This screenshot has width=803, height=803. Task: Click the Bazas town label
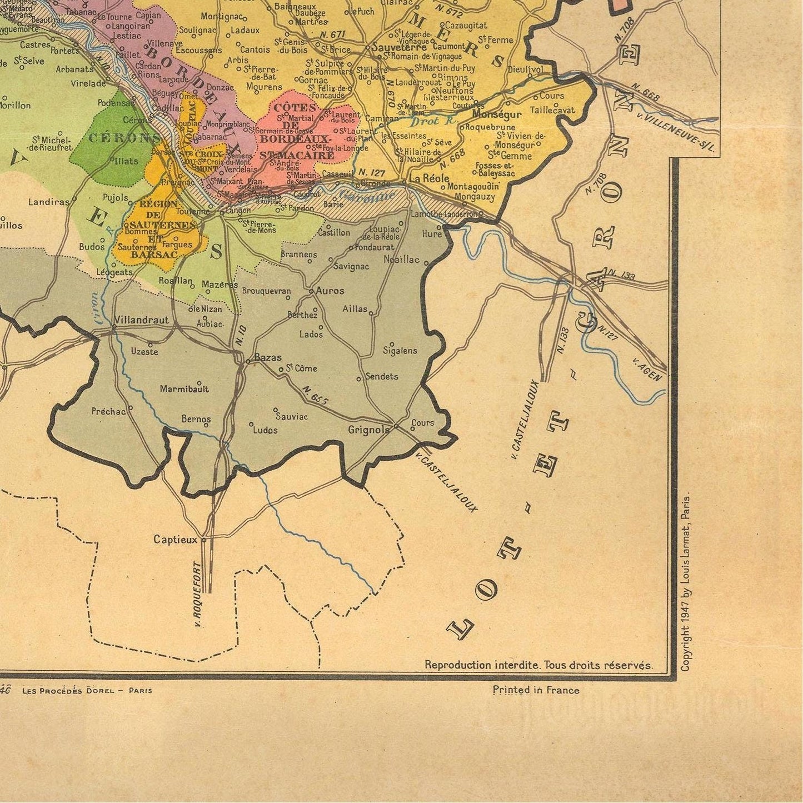point(268,358)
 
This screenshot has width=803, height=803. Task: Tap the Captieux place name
point(175,539)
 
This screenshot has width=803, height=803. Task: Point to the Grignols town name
point(369,430)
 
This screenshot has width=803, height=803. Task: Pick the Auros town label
point(330,290)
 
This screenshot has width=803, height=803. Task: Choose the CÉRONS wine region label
point(120,138)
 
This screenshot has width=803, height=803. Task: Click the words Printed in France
point(536,690)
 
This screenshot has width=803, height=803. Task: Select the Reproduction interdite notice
point(538,665)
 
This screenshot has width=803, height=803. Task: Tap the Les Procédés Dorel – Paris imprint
point(87,690)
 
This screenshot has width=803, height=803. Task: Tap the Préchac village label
point(108,412)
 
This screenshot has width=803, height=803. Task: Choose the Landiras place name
point(49,202)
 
